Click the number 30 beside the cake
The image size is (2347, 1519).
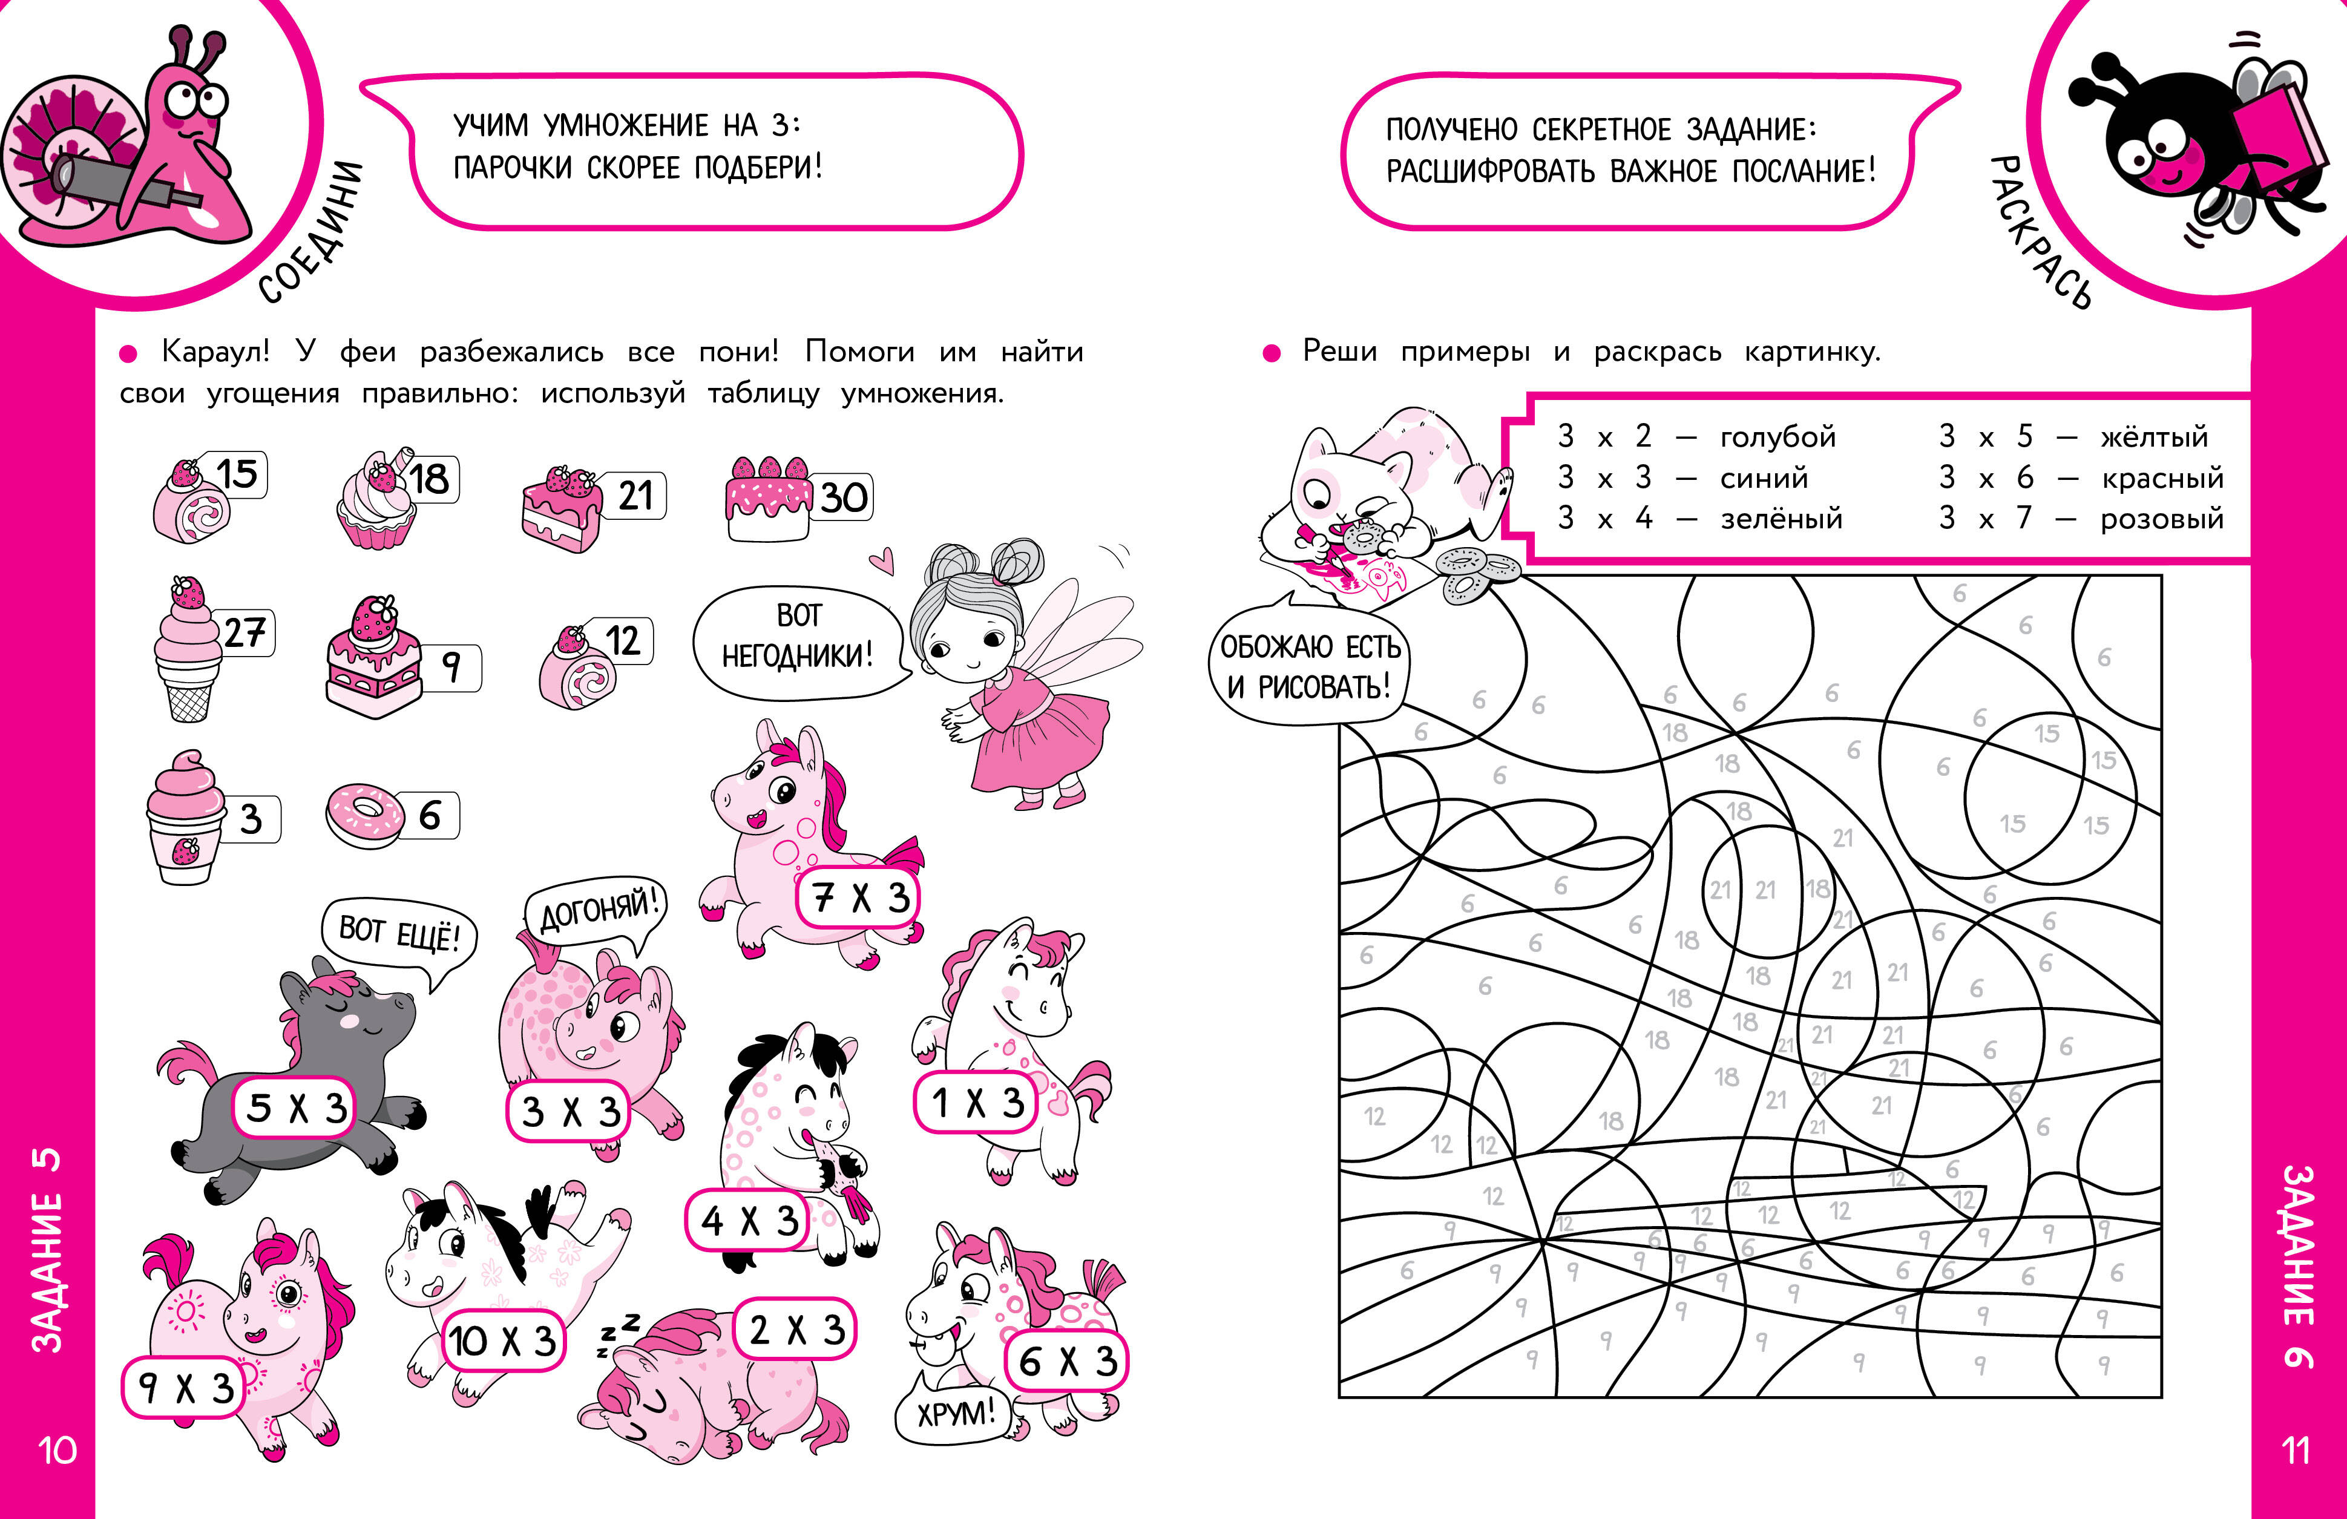(x=844, y=497)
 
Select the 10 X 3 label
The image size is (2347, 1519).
(x=503, y=1340)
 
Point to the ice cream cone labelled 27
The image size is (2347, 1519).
(x=188, y=651)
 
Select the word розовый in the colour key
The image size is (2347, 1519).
(x=2162, y=518)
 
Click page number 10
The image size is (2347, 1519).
(x=57, y=1450)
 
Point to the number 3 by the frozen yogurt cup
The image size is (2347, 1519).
(x=252, y=819)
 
